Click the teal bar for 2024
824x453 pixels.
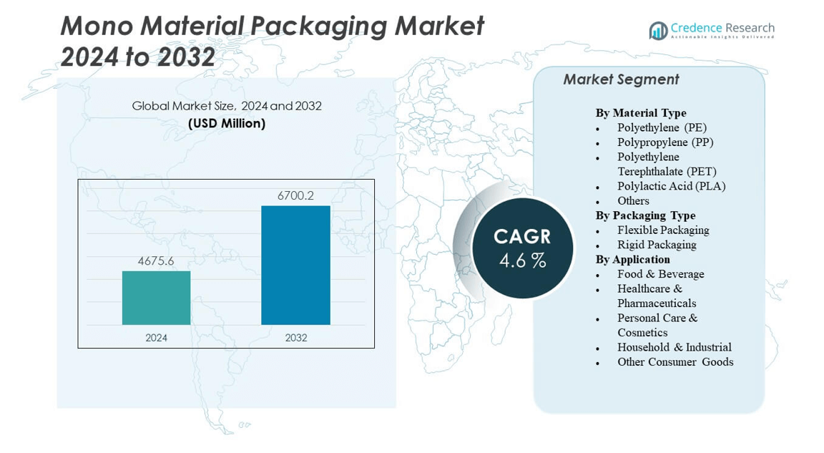coord(156,298)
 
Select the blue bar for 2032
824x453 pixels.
coord(295,265)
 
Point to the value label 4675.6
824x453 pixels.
coord(156,261)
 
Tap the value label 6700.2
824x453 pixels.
coord(295,195)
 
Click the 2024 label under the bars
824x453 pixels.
coord(156,337)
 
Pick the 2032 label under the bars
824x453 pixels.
coord(295,337)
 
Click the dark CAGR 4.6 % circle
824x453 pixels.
coord(523,248)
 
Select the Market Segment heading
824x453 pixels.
coord(621,79)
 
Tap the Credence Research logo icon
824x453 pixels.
coord(657,30)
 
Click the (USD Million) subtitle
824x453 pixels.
coord(227,123)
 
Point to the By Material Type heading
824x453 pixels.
coord(641,113)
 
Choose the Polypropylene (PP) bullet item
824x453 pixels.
coord(665,142)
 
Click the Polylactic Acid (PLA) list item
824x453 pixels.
coord(671,186)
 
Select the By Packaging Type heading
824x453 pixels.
coord(645,215)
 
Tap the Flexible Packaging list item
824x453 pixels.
coord(663,230)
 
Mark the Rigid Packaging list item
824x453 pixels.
coord(657,245)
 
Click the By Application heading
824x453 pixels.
coord(632,259)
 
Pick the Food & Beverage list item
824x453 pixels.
coord(660,274)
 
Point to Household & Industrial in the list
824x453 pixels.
coord(674,347)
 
